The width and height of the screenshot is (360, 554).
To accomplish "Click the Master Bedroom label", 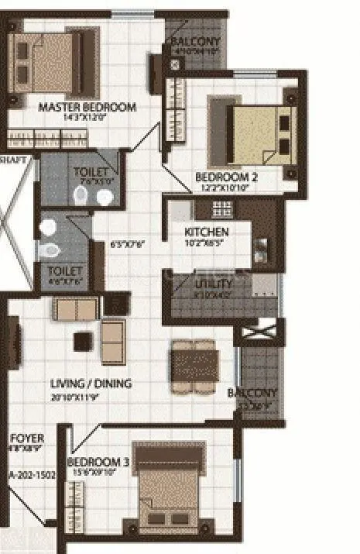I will point(87,108).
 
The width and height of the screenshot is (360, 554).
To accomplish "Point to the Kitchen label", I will point(206,232).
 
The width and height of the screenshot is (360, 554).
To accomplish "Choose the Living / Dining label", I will point(91,384).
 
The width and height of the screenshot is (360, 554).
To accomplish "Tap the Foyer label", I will point(26,439).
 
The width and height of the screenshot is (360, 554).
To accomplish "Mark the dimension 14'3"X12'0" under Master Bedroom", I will point(87,119).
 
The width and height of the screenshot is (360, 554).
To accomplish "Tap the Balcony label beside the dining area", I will point(252,393).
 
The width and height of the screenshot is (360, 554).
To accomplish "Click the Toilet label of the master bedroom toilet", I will point(90,171).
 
